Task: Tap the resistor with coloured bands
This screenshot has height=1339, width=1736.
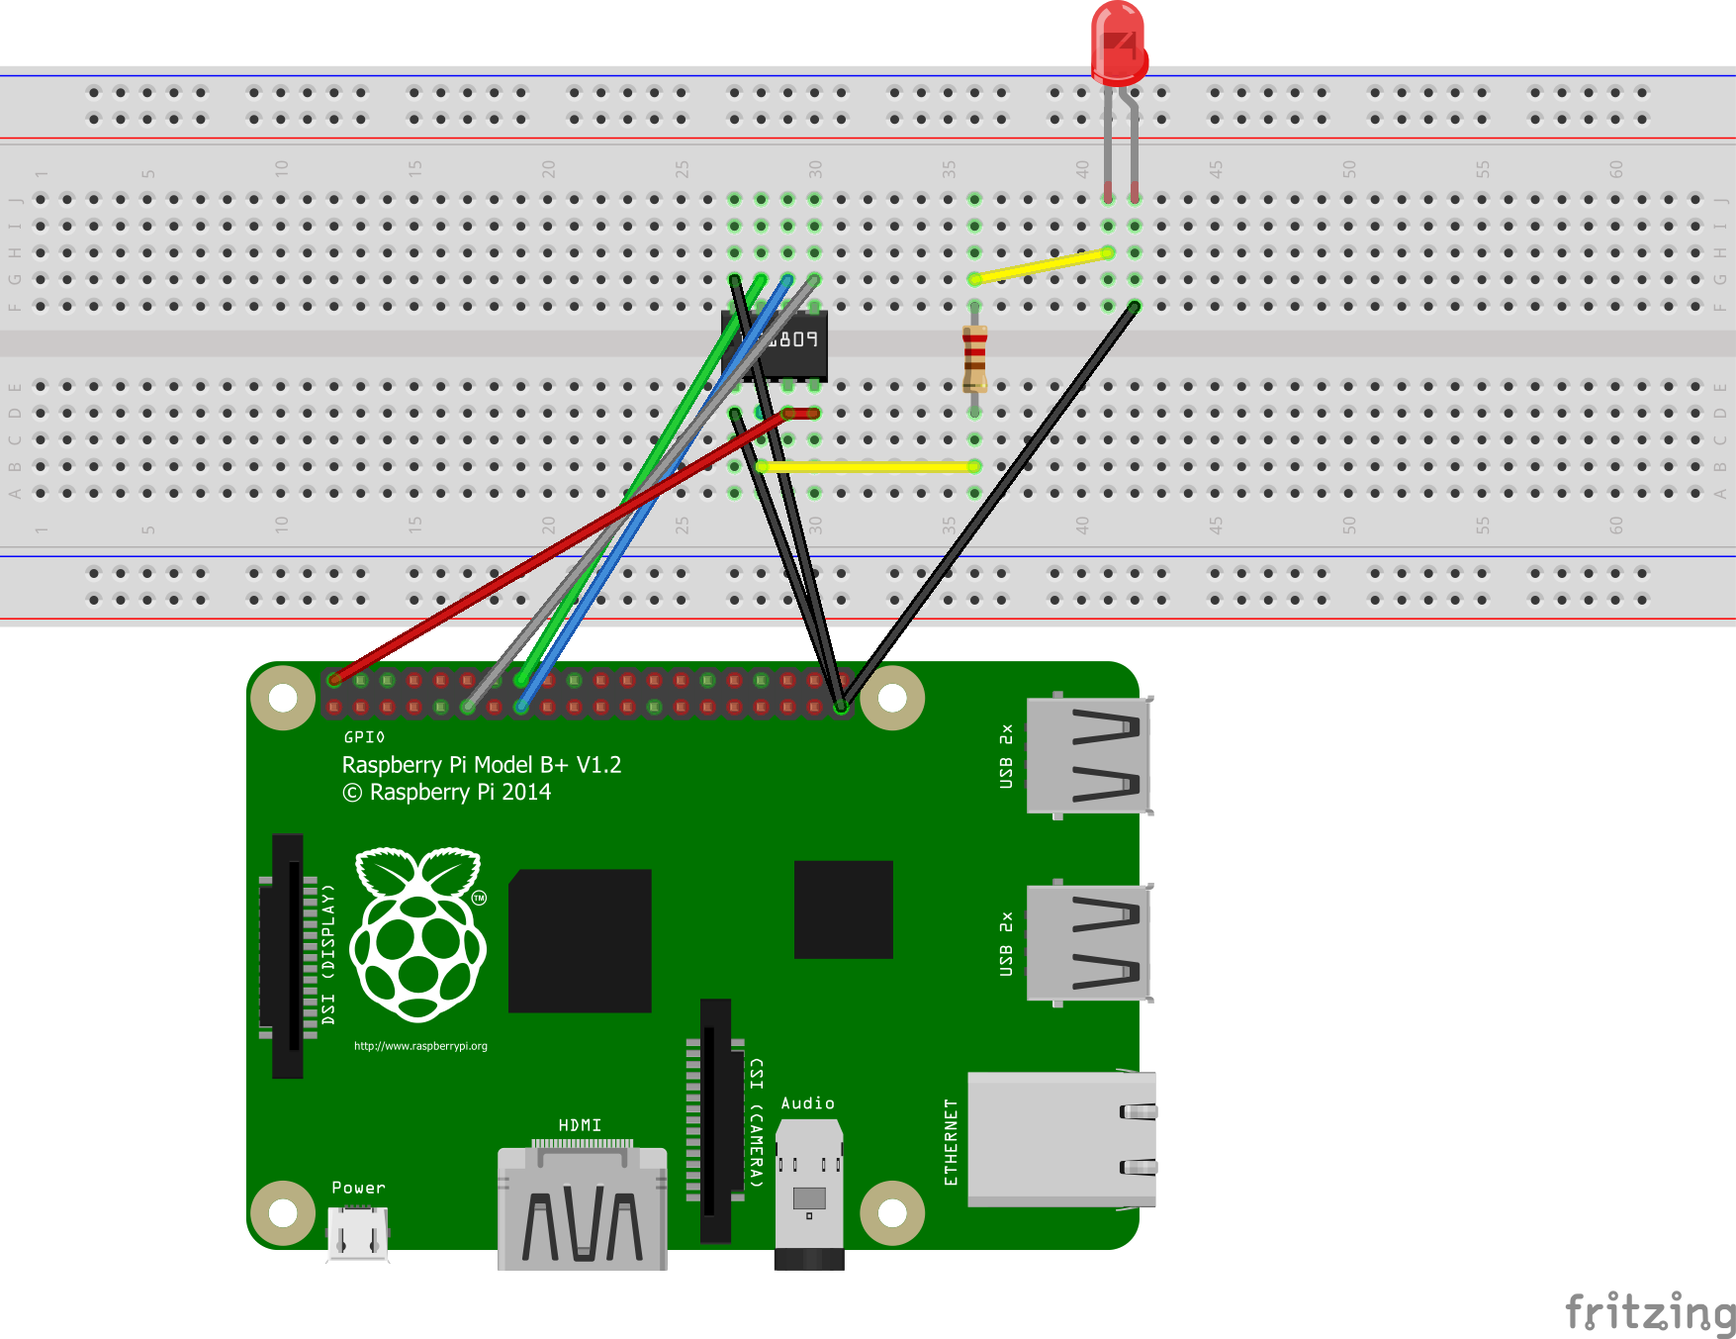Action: (x=974, y=358)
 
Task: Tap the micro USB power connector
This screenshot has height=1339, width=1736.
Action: (x=357, y=1234)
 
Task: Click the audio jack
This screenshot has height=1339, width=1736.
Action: (x=809, y=1193)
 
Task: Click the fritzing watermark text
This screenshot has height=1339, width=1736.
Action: (x=1649, y=1312)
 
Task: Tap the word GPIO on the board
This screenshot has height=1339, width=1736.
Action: (x=364, y=737)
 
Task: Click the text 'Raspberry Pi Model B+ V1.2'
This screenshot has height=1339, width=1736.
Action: (x=482, y=765)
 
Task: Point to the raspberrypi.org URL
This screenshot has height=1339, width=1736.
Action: (x=420, y=1046)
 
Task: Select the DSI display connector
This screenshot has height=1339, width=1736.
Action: (x=288, y=955)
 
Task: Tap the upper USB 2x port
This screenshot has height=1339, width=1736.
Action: (x=1088, y=755)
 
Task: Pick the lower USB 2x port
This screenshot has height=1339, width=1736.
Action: (x=1088, y=943)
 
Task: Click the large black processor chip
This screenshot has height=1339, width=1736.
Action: (x=580, y=941)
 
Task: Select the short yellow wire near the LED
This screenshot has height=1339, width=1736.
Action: (x=1041, y=265)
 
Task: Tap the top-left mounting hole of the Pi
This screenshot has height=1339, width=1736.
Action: (x=283, y=698)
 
